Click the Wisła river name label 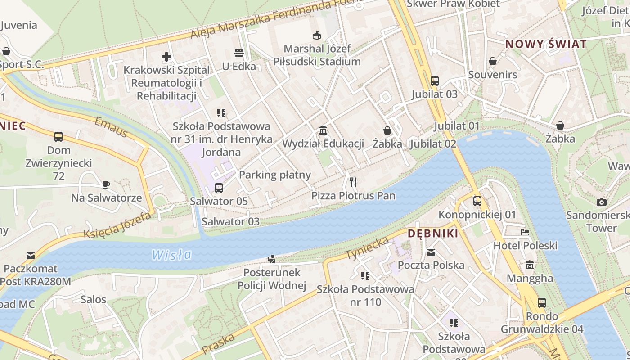pyautogui.click(x=171, y=255)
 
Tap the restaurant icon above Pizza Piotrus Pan pyautogui.click(x=353, y=182)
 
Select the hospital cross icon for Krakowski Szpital pyautogui.click(x=166, y=57)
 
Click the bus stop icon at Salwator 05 pyautogui.click(x=219, y=188)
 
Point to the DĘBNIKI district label pyautogui.click(x=433, y=234)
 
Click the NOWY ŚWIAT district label pyautogui.click(x=546, y=44)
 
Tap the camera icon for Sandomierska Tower pyautogui.click(x=601, y=202)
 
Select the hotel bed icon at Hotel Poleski pyautogui.click(x=525, y=233)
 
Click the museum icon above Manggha pyautogui.click(x=530, y=265)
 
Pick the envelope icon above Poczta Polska pyautogui.click(x=431, y=252)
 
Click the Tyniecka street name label pyautogui.click(x=367, y=248)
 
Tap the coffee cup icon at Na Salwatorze pyautogui.click(x=106, y=184)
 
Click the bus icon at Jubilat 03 pyautogui.click(x=434, y=81)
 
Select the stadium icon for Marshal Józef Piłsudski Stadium pyautogui.click(x=317, y=35)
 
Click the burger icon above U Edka pyautogui.click(x=239, y=53)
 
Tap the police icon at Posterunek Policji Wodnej pyautogui.click(x=271, y=259)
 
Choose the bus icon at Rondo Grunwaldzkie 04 pyautogui.click(x=542, y=303)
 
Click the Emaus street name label pyautogui.click(x=111, y=127)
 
